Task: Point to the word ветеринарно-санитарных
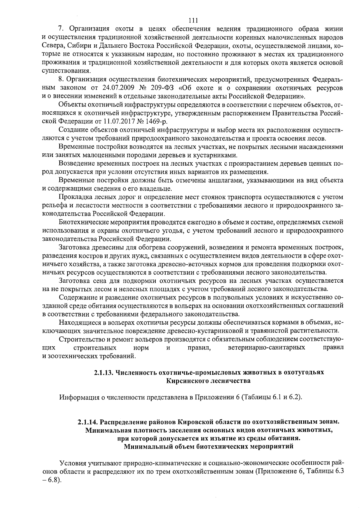tap(267, 347)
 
